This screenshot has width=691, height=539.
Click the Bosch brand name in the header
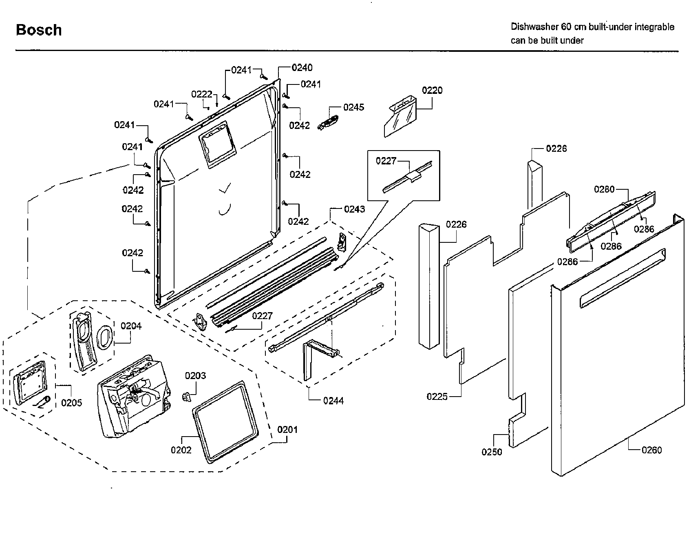pos(39,30)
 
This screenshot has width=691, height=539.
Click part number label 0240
pos(302,68)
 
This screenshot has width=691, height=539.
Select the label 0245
pos(353,107)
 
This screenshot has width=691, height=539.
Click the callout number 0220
pos(432,91)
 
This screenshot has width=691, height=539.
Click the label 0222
pos(202,95)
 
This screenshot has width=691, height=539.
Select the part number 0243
pos(354,209)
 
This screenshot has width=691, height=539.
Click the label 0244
pos(333,401)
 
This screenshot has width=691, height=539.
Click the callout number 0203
pos(195,376)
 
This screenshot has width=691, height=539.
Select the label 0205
pos(71,403)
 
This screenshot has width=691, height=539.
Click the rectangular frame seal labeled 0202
pos(225,422)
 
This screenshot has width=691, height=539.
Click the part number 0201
pos(287,430)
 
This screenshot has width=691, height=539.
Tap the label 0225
pos(437,397)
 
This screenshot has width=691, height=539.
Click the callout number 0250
pos(492,452)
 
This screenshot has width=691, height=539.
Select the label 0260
pos(651,450)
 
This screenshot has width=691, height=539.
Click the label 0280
pos(604,189)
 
